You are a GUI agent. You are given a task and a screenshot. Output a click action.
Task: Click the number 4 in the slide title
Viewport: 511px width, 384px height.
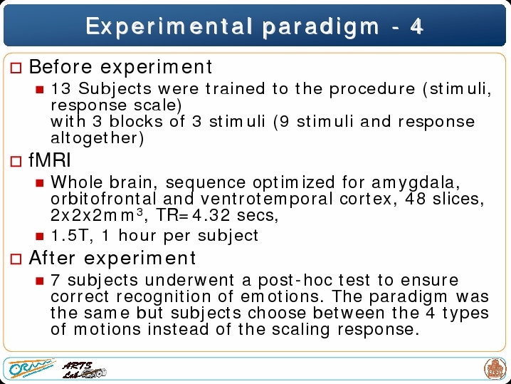[x=416, y=26]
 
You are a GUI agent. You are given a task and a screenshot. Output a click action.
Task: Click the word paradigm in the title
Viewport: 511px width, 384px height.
[x=321, y=28]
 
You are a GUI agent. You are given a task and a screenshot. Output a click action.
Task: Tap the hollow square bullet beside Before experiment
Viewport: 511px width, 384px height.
[x=16, y=68]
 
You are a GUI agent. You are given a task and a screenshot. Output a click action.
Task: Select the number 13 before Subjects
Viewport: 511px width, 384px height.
[x=60, y=88]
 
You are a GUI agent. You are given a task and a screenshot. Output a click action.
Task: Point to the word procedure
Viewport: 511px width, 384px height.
[x=372, y=90]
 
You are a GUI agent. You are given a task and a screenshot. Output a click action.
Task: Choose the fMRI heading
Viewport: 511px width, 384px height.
[x=50, y=160]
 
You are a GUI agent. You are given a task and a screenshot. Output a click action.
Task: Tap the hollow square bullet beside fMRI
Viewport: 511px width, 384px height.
[x=16, y=161]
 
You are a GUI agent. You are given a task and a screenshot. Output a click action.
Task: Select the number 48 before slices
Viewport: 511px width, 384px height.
[x=415, y=199]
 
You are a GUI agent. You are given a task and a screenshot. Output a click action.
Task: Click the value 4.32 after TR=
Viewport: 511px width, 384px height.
[x=211, y=215]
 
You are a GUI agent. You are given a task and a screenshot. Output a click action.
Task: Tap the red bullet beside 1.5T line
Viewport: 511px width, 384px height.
[x=40, y=237]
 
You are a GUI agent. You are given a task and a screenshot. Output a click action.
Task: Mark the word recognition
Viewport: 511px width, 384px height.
[x=164, y=297]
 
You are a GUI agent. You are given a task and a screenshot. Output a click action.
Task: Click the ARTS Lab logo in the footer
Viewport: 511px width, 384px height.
[x=84, y=370]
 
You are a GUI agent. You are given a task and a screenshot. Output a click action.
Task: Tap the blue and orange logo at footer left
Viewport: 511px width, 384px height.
[x=31, y=368]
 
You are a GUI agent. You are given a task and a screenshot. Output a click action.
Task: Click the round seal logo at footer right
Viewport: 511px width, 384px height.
[x=495, y=369]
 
